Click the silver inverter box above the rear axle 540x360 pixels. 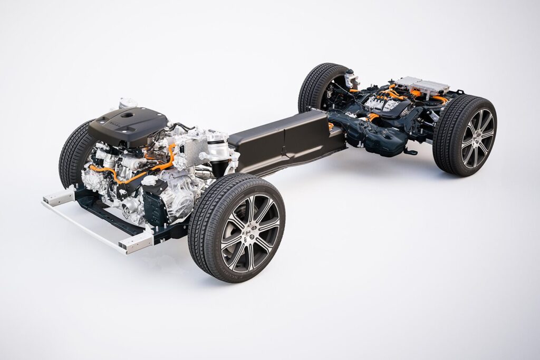(x=424, y=85)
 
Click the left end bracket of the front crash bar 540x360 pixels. (x=59, y=198)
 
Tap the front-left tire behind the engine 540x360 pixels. (x=74, y=153)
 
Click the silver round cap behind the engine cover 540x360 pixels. (x=127, y=102)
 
